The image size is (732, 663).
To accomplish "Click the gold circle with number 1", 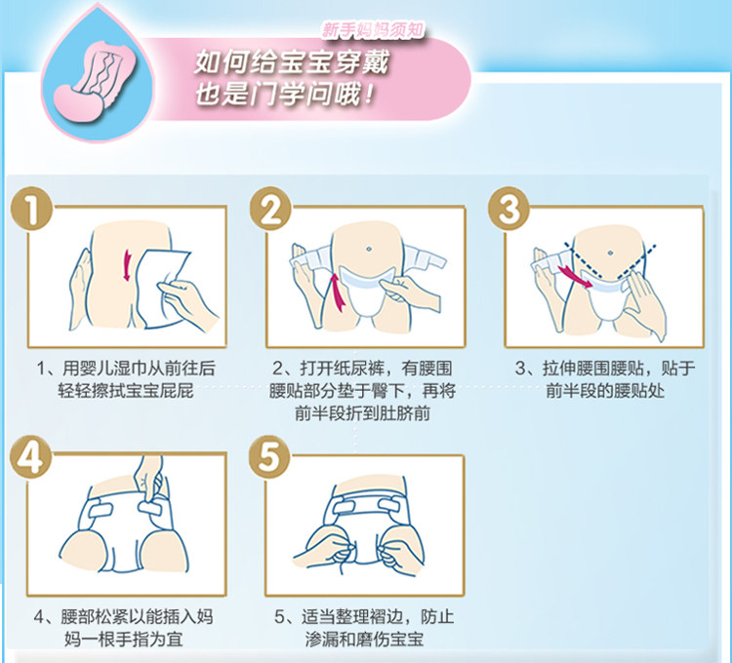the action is point(32,209).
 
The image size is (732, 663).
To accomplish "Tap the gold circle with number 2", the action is point(270,209).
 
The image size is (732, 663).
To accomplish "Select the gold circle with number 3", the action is point(509,209).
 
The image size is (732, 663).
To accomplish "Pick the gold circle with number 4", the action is point(31,457).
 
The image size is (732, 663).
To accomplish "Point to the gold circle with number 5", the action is point(269,457).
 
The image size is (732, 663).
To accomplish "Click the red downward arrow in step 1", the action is point(127,265).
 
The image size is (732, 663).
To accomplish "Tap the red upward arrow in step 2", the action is point(337,292).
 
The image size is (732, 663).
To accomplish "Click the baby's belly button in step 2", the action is point(369,249).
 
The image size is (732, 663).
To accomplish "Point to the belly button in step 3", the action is point(610,253).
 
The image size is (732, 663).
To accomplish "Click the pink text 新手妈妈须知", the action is point(373,30).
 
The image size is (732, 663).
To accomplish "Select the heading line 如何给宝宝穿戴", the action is point(291,62).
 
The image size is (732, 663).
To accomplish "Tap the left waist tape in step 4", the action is point(100,510).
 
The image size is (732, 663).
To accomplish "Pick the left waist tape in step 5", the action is point(346,505).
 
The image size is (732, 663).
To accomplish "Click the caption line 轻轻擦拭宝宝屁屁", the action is point(126,391).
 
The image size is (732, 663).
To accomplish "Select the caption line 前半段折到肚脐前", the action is point(362,413).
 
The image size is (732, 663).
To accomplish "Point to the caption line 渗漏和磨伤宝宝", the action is point(364,640).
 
